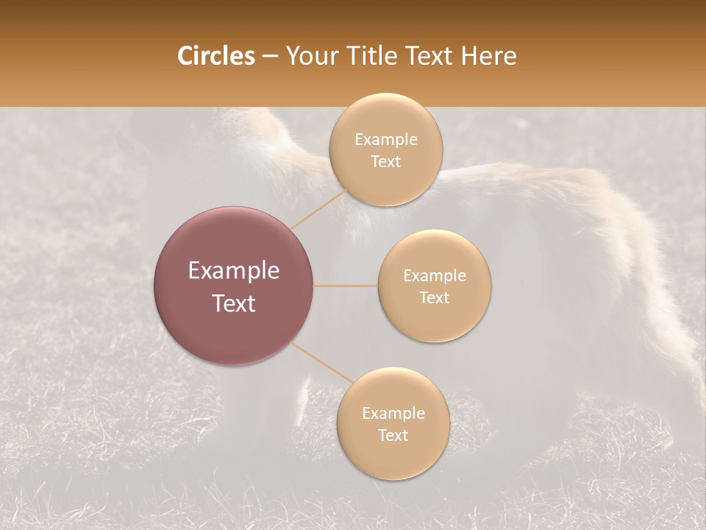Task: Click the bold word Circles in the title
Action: (x=215, y=56)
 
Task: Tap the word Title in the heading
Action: (x=376, y=56)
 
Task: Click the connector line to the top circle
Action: (x=318, y=209)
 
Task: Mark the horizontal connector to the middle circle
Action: (x=346, y=286)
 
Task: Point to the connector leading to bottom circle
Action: (x=322, y=364)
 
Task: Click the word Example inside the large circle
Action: (x=234, y=271)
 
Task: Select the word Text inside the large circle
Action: (x=234, y=303)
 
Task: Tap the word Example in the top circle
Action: (x=385, y=140)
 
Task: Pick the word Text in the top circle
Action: (x=385, y=162)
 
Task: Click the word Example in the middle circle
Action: (x=435, y=276)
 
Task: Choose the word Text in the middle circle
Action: (x=435, y=298)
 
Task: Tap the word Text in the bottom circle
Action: (x=393, y=436)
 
